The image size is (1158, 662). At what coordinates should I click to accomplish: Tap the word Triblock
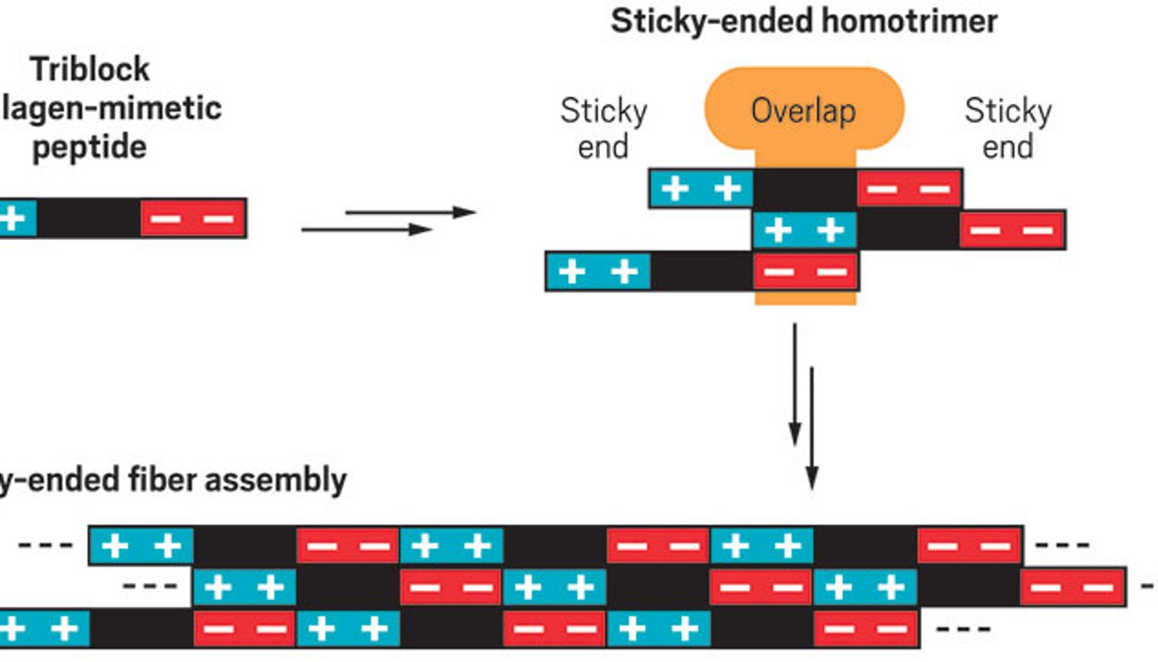pos(89,69)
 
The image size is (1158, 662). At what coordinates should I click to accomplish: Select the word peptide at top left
pos(89,146)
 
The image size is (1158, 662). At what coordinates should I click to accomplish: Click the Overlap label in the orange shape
pos(803,111)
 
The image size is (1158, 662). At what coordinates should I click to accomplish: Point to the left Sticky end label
pos(603,129)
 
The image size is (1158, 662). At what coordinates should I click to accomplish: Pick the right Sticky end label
pos(1007,129)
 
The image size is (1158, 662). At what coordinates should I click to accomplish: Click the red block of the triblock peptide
pos(193,218)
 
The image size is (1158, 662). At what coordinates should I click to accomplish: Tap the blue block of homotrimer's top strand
pos(701,188)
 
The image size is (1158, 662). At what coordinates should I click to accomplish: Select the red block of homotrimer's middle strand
pos(1012,230)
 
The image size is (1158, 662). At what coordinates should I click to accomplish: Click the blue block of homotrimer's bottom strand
pos(598,271)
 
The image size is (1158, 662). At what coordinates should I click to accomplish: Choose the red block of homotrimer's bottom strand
pos(805,271)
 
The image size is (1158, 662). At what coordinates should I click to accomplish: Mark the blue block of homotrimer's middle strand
pos(804,230)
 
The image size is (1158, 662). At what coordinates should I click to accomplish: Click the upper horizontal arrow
pos(410,212)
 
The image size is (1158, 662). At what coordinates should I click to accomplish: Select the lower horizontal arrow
pos(366,230)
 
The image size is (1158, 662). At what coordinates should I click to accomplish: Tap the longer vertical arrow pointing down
pos(812,428)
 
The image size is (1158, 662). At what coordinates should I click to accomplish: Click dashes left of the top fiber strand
pos(46,545)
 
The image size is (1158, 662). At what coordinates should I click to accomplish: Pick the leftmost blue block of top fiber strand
pos(142,546)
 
